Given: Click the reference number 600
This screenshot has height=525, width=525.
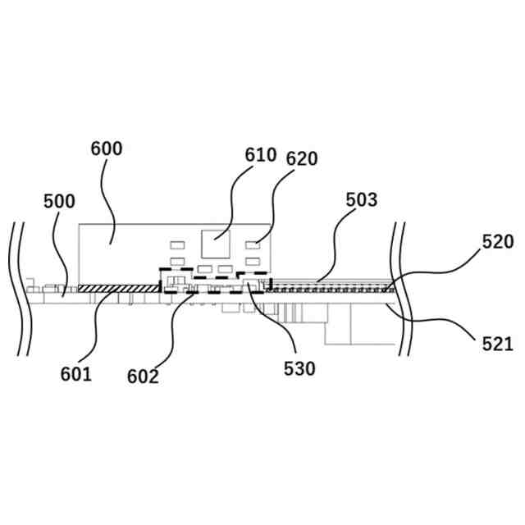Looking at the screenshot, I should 107,148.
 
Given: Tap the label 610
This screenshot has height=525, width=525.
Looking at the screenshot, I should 261,155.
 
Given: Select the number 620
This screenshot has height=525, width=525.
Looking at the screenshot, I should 302,158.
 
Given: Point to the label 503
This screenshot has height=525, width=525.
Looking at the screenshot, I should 361,199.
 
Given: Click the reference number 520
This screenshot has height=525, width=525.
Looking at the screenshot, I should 497,241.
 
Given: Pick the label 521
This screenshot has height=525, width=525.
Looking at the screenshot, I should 497,343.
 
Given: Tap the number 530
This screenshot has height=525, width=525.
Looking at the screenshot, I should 299,369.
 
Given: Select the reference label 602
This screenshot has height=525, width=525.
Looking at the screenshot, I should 143,377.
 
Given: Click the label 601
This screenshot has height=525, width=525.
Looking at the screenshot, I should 75,374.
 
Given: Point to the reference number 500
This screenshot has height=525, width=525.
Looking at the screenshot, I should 59,201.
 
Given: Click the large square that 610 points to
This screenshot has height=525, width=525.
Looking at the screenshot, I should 216,244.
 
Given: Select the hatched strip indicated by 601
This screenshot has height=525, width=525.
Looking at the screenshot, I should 118,288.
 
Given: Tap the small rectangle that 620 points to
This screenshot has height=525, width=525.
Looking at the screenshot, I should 253,244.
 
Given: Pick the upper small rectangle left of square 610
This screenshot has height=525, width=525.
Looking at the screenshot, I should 176,244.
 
